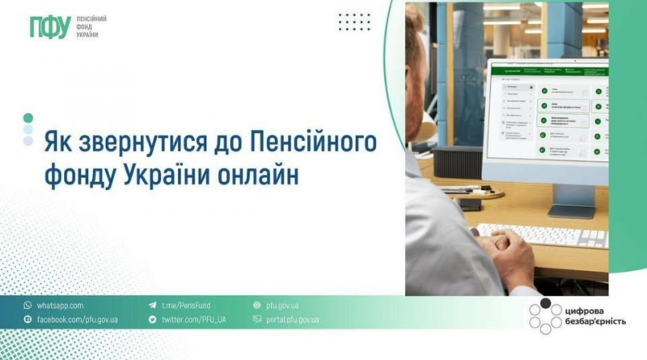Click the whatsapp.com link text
[60, 306]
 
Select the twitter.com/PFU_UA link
[193, 320]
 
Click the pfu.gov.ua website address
[282, 306]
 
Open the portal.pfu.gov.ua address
[292, 320]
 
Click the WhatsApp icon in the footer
[27, 306]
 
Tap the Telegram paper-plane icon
[152, 306]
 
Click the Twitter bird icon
[152, 320]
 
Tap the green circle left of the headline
[28, 117]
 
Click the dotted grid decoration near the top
[353, 22]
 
